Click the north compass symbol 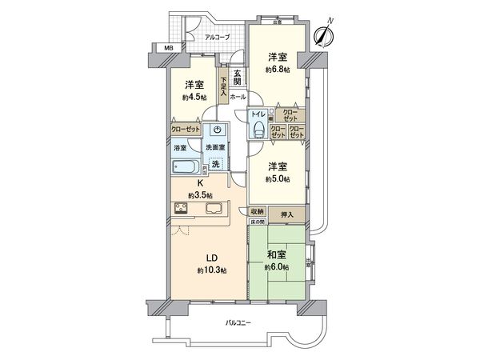point(322,34)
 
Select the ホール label point(238,97)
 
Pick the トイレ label point(258,114)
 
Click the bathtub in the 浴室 point(184,166)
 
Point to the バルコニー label point(238,322)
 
